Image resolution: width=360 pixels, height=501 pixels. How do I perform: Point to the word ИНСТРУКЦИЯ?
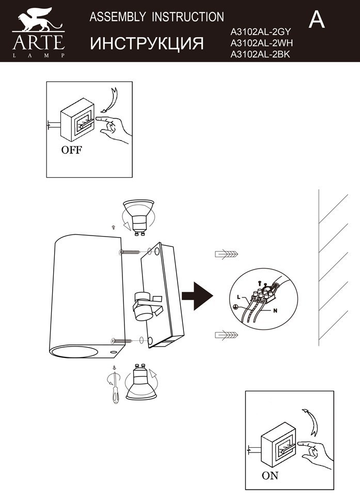coord(147,44)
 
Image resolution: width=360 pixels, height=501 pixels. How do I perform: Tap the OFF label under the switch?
coord(71,151)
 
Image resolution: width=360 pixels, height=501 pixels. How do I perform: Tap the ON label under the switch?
coord(270,476)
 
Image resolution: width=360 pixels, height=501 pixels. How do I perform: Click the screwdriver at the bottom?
coord(115,391)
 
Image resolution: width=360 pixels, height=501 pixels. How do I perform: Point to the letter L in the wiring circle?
coord(239,298)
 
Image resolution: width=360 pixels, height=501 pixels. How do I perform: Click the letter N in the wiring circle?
coord(275,311)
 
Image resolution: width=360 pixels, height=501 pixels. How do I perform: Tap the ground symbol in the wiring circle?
coord(236,307)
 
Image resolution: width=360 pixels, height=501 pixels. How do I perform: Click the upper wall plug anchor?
coord(226,254)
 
